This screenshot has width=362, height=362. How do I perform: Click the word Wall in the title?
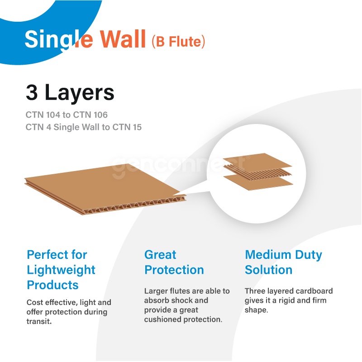pos(123,39)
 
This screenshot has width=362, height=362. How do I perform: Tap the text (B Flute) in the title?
pos(178,41)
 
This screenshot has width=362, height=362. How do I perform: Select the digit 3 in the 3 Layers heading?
pos(32,92)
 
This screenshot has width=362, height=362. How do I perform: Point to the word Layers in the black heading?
pos(80,94)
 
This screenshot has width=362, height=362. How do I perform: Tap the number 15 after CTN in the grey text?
pos(137,127)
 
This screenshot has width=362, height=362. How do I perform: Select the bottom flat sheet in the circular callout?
pos(258,182)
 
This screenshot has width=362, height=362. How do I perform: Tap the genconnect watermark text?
pos(181,165)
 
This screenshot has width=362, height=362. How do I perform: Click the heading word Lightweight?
pos(61,270)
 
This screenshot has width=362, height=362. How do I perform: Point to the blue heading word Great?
pos(160,255)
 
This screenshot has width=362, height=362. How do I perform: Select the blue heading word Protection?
pos(174,270)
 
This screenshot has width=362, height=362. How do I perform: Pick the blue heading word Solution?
pos(268,270)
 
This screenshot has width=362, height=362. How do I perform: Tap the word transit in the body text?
pos(39,321)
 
